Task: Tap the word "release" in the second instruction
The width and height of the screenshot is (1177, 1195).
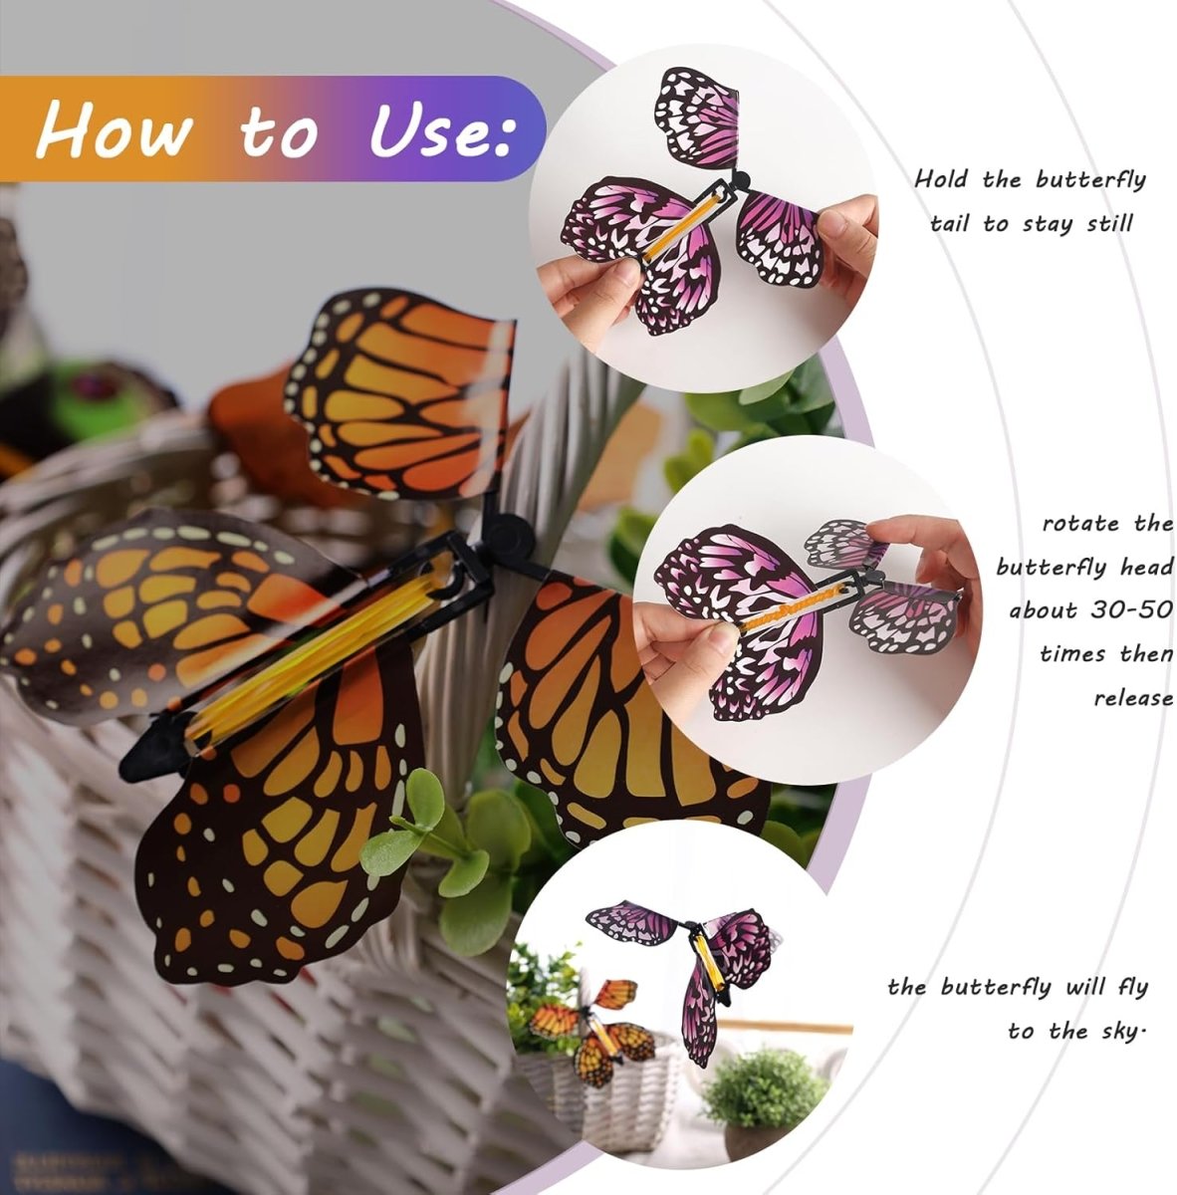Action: click(x=1133, y=697)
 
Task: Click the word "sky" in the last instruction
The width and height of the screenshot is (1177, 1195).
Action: click(x=1115, y=1031)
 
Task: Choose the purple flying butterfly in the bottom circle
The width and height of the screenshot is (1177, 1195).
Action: click(x=697, y=956)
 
